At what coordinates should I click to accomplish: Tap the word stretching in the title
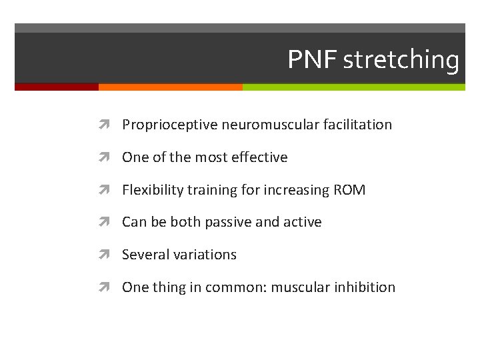click(x=401, y=60)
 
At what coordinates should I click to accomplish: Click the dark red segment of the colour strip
click(x=57, y=87)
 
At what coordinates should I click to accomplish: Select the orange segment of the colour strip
click(x=170, y=87)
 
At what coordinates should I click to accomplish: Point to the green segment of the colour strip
click(x=353, y=87)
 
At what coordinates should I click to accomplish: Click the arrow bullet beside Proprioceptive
click(x=108, y=125)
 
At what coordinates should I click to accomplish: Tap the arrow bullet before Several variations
click(x=108, y=255)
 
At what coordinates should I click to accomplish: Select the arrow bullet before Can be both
click(x=108, y=222)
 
